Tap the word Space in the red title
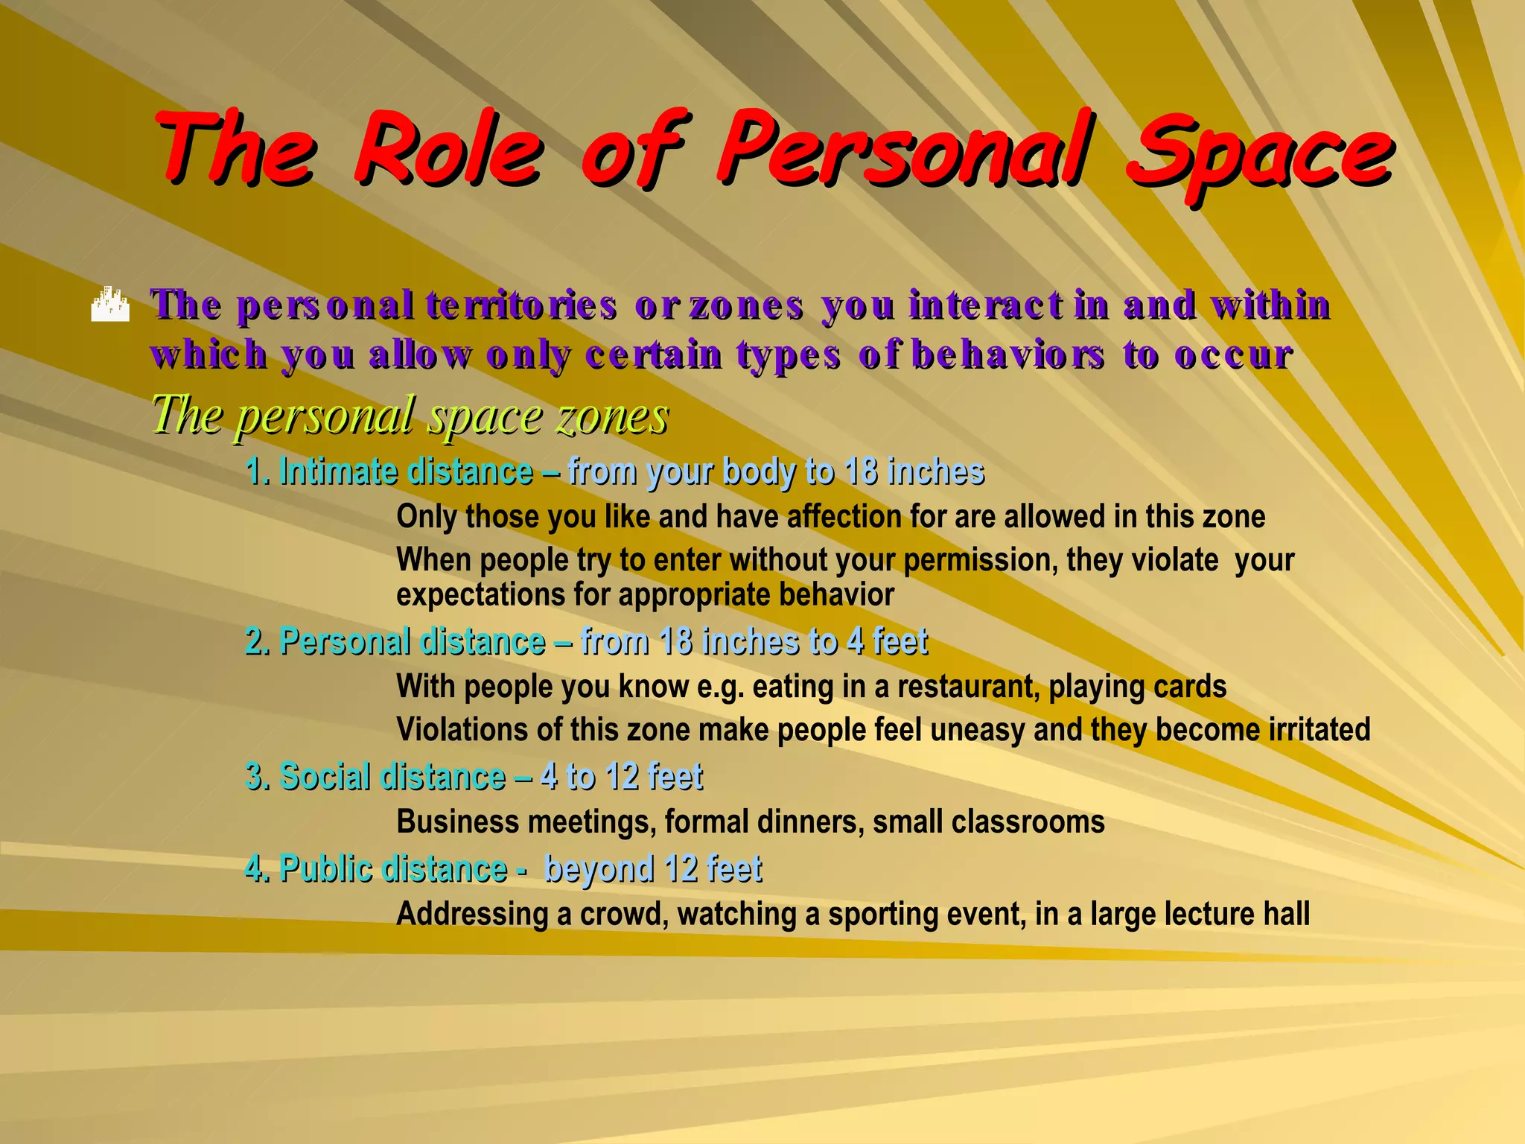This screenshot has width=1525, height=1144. pyautogui.click(x=1258, y=153)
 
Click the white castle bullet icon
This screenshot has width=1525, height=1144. pyautogui.click(x=109, y=305)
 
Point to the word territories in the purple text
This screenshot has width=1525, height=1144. pyautogui.click(x=521, y=305)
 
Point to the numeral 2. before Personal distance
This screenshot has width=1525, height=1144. pyautogui.click(x=258, y=641)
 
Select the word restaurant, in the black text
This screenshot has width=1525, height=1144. pyautogui.click(x=968, y=687)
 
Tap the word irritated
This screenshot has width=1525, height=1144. pyautogui.click(x=1319, y=729)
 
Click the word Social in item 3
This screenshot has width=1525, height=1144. pyautogui.click(x=325, y=776)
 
